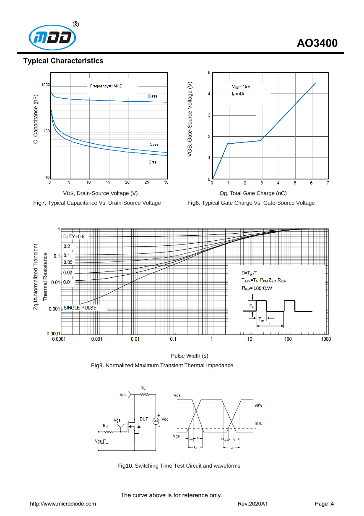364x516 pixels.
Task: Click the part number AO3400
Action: point(317,43)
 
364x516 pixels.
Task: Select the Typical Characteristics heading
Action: point(63,61)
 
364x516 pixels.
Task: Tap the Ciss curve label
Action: point(152,96)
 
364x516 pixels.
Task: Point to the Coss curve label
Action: point(154,144)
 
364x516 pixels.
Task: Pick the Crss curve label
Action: point(152,162)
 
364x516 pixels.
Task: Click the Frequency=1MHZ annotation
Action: point(106,86)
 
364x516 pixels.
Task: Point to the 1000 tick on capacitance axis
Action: point(45,85)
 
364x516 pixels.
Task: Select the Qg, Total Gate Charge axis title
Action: point(253,193)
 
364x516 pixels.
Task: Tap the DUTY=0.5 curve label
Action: point(74,237)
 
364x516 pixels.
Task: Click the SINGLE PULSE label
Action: point(80,308)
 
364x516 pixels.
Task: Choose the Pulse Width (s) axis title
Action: point(190,356)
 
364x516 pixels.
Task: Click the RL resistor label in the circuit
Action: point(143,388)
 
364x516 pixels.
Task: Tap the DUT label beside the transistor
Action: point(144,419)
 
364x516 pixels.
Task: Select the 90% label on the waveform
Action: point(258,405)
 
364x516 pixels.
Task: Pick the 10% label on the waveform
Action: point(258,424)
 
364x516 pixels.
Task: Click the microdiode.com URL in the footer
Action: point(62,504)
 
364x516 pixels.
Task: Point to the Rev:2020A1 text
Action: point(252,504)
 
